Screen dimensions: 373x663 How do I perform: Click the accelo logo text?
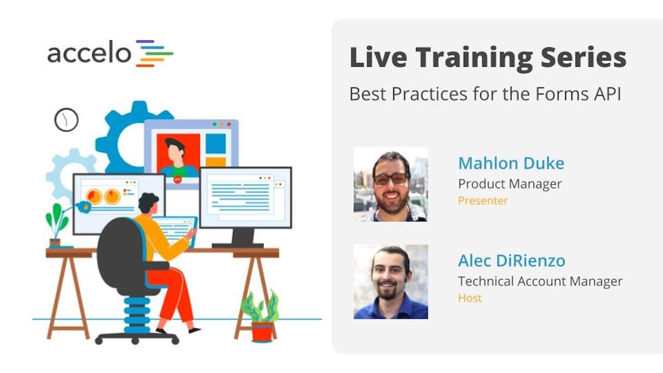point(89,53)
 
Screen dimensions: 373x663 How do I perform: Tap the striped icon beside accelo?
point(154,53)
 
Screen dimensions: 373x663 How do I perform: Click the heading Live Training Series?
point(487,58)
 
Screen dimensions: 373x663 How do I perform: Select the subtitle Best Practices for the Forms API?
point(485,94)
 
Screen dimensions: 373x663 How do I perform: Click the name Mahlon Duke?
point(511,164)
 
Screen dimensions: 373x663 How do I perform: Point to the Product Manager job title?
point(510,184)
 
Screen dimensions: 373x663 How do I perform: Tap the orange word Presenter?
point(483,201)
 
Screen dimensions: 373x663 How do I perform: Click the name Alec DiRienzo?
point(511,261)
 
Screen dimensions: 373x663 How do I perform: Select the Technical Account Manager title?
point(540,281)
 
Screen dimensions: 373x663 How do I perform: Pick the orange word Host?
point(470,298)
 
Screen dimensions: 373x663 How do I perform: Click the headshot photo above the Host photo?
point(391,184)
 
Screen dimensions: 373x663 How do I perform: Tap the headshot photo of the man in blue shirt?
point(391,282)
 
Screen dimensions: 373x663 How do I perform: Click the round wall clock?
point(66,120)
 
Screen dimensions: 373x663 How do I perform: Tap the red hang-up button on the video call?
point(178,180)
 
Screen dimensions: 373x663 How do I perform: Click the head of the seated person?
point(149,203)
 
